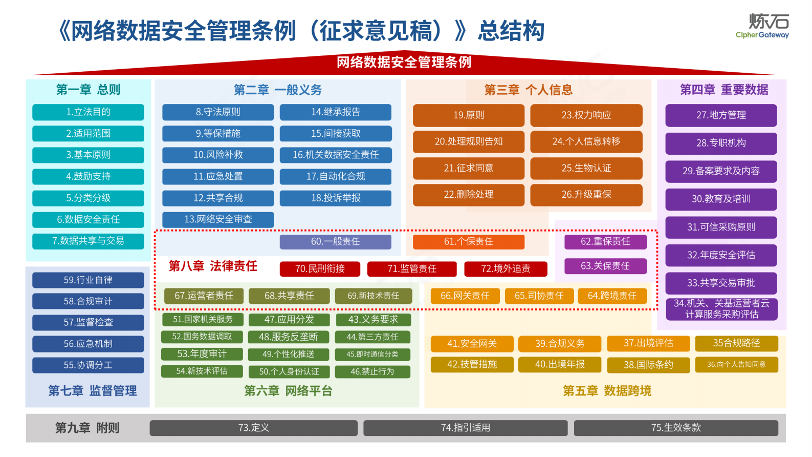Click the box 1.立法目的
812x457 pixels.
coord(88,112)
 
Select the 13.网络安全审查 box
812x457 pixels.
coord(218,219)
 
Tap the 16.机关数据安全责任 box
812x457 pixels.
coord(336,155)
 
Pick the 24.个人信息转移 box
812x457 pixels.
coord(586,141)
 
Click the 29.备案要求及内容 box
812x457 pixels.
coord(721,171)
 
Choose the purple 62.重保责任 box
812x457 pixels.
coord(605,241)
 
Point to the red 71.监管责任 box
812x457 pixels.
coord(412,268)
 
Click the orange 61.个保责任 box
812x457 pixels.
coord(468,241)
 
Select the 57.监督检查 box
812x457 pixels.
coord(88,322)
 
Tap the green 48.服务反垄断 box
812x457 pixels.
coord(289,337)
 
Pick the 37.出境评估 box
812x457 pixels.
coord(648,343)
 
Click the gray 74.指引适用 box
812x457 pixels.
coord(465,428)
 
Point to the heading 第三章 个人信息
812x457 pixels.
coord(529,90)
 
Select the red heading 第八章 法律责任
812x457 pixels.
coord(213,266)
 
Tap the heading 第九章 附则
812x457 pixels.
coord(87,428)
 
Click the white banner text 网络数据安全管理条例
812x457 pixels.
coord(404,63)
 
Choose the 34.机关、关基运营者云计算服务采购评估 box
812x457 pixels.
coord(721,309)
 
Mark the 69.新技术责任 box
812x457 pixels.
coord(373,296)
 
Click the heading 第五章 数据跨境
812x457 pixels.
coord(607,391)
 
